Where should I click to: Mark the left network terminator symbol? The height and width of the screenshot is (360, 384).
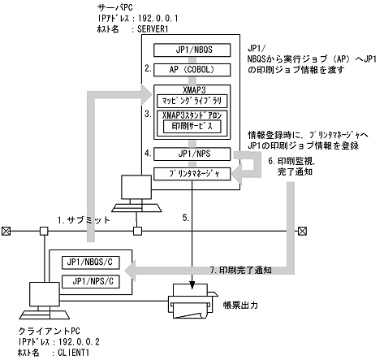pyautogui.click(x=7, y=231)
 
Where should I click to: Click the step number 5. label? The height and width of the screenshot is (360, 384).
pyautogui.click(x=185, y=217)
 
